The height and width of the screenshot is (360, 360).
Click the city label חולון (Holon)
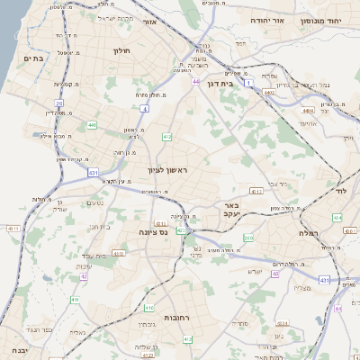tap(121, 51)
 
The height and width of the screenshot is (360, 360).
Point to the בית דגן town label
tap(240, 83)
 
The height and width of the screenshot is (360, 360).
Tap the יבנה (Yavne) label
tap(13, 350)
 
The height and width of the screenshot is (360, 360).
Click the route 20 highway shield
tap(59, 103)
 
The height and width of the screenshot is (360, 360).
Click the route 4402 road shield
tap(268, 91)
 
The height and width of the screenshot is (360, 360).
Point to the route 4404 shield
tap(308, 110)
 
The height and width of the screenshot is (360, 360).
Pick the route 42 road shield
tap(84, 275)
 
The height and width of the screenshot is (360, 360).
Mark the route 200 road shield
tap(247, 238)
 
